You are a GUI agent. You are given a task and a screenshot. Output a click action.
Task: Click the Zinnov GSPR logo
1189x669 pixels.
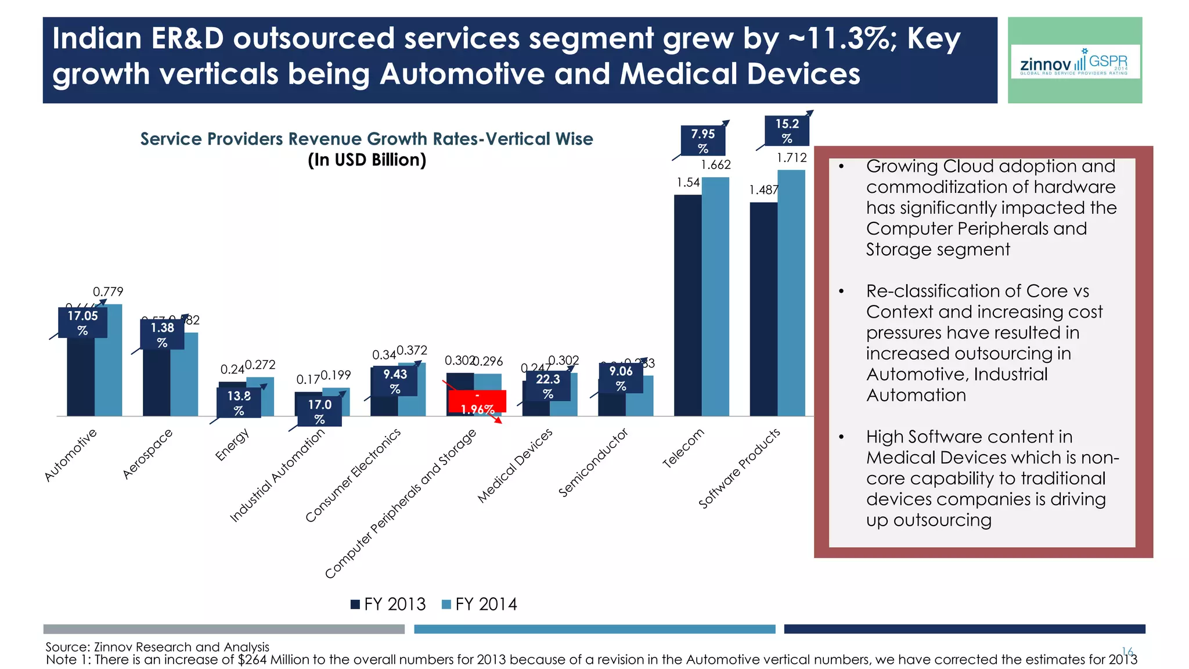pos(1075,62)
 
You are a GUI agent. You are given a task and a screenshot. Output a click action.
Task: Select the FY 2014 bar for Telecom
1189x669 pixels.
pos(715,296)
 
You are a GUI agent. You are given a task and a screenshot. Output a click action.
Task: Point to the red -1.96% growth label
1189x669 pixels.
pos(477,402)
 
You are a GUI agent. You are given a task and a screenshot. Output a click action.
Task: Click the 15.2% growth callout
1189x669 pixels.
pos(787,131)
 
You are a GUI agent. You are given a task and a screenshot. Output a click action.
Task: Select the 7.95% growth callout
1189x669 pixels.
pos(702,141)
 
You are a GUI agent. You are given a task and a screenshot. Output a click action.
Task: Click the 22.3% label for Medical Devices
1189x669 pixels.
pos(547,386)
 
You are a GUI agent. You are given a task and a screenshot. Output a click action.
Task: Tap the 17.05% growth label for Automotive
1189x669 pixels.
pos(82,323)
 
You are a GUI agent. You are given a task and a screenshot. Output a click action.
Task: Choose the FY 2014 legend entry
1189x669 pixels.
pos(480,605)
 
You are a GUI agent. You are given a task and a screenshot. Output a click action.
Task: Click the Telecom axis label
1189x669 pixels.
pos(683,448)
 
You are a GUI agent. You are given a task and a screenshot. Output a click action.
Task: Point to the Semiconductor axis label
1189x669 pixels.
pos(593,463)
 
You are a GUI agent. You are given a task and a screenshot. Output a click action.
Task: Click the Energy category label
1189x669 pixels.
pos(232,445)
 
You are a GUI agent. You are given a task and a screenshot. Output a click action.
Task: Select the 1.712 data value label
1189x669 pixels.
pos(792,158)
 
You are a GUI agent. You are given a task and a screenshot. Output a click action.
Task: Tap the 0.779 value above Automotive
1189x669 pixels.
pos(108,292)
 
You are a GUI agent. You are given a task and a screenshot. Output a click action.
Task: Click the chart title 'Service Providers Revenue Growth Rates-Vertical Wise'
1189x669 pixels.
pos(366,139)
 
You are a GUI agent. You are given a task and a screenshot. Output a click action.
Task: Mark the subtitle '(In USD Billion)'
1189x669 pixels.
pos(366,160)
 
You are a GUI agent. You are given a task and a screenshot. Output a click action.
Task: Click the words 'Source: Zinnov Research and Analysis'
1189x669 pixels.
pos(157,646)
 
